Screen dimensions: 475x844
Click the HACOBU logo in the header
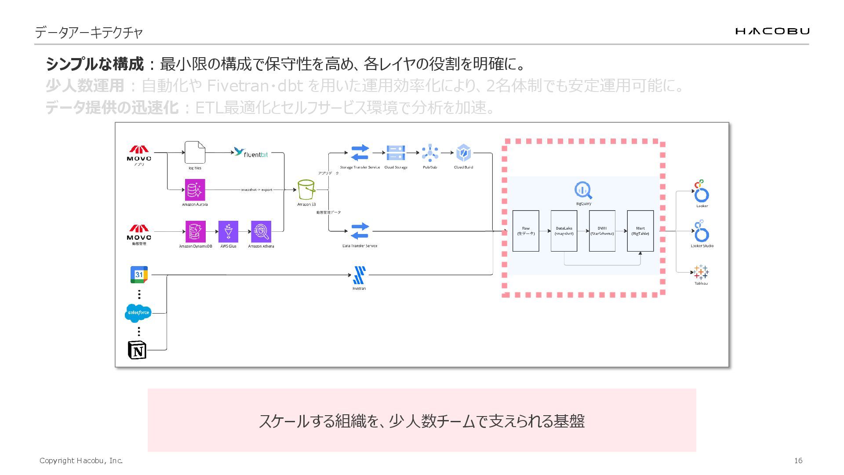point(772,31)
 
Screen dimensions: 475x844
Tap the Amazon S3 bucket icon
point(306,190)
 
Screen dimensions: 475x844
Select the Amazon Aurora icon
point(195,190)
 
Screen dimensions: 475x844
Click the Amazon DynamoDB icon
point(195,231)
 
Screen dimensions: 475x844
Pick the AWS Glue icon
point(228,231)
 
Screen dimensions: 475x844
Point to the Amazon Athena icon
point(261,231)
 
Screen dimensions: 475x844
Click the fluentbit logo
point(251,153)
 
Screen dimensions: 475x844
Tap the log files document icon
point(195,153)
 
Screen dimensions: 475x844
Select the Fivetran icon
point(359,275)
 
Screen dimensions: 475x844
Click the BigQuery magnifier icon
point(583,190)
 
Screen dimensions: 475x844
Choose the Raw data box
point(526,231)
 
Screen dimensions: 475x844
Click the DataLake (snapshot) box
point(564,231)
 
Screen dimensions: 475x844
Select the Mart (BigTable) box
point(640,231)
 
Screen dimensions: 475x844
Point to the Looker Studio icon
point(702,232)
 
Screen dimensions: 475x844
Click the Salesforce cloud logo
point(138,313)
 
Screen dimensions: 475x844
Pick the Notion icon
point(137,350)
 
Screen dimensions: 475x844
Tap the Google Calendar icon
point(139,274)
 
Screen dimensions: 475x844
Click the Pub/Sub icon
point(430,153)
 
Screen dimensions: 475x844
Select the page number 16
point(798,460)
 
